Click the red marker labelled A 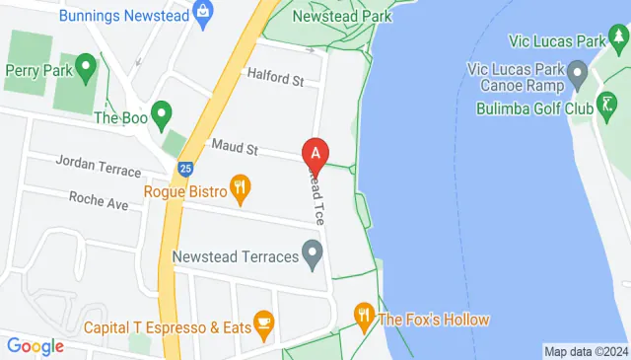pyautogui.click(x=315, y=154)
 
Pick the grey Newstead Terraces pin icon pyautogui.click(x=313, y=257)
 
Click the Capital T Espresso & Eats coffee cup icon pyautogui.click(x=263, y=322)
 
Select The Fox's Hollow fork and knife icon pyautogui.click(x=364, y=318)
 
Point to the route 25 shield pyautogui.click(x=185, y=170)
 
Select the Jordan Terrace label pyautogui.click(x=99, y=164)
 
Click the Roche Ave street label pyautogui.click(x=99, y=198)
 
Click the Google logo pyautogui.click(x=35, y=345)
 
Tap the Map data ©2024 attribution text pyautogui.click(x=586, y=351)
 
